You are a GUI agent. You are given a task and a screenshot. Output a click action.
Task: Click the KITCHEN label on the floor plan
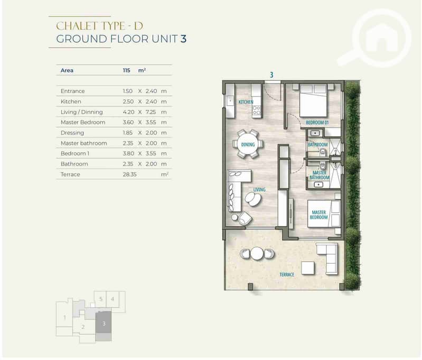pos(246,102)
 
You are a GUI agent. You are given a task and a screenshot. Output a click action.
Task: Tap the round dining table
pos(248,144)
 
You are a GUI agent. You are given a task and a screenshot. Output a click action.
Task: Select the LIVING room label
pos(259,190)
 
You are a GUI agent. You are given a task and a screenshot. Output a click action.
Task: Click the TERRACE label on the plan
pos(287,274)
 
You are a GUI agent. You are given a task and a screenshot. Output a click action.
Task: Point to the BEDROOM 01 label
pos(317,123)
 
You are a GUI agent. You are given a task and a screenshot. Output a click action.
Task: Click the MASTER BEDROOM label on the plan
pos(318,215)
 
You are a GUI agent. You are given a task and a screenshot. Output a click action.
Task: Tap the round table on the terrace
pos(257,254)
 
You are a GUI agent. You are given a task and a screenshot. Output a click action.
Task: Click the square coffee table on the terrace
pos(307,268)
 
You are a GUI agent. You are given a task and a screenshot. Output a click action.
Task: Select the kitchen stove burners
pos(257,110)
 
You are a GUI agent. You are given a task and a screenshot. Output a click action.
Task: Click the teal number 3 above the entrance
pos(271,75)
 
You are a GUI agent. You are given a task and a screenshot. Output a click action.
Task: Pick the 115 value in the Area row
pos(126,70)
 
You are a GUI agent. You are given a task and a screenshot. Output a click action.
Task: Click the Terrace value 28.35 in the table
pos(130,174)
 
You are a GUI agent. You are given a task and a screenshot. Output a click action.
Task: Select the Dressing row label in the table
pos(72,133)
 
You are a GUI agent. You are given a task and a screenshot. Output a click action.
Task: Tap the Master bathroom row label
pos(83,143)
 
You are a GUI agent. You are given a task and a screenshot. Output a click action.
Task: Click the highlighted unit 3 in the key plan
pos(104,322)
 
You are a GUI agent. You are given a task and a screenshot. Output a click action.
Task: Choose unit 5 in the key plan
pos(101,299)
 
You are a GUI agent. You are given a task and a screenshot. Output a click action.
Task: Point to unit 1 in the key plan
pos(64,318)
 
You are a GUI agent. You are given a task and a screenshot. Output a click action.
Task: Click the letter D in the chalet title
pos(138,26)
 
